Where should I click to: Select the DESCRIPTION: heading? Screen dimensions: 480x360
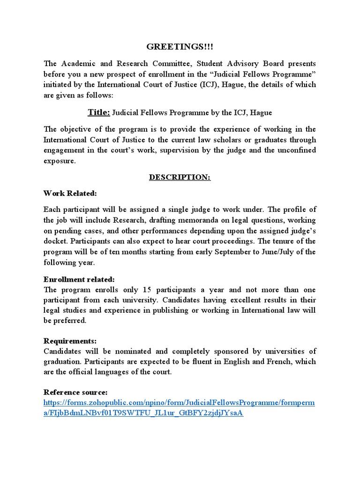[x=180, y=178]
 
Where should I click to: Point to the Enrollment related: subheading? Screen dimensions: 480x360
[x=79, y=279]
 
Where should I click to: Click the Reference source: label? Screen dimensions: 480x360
[x=75, y=392]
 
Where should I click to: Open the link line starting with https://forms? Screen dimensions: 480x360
[x=180, y=403]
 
